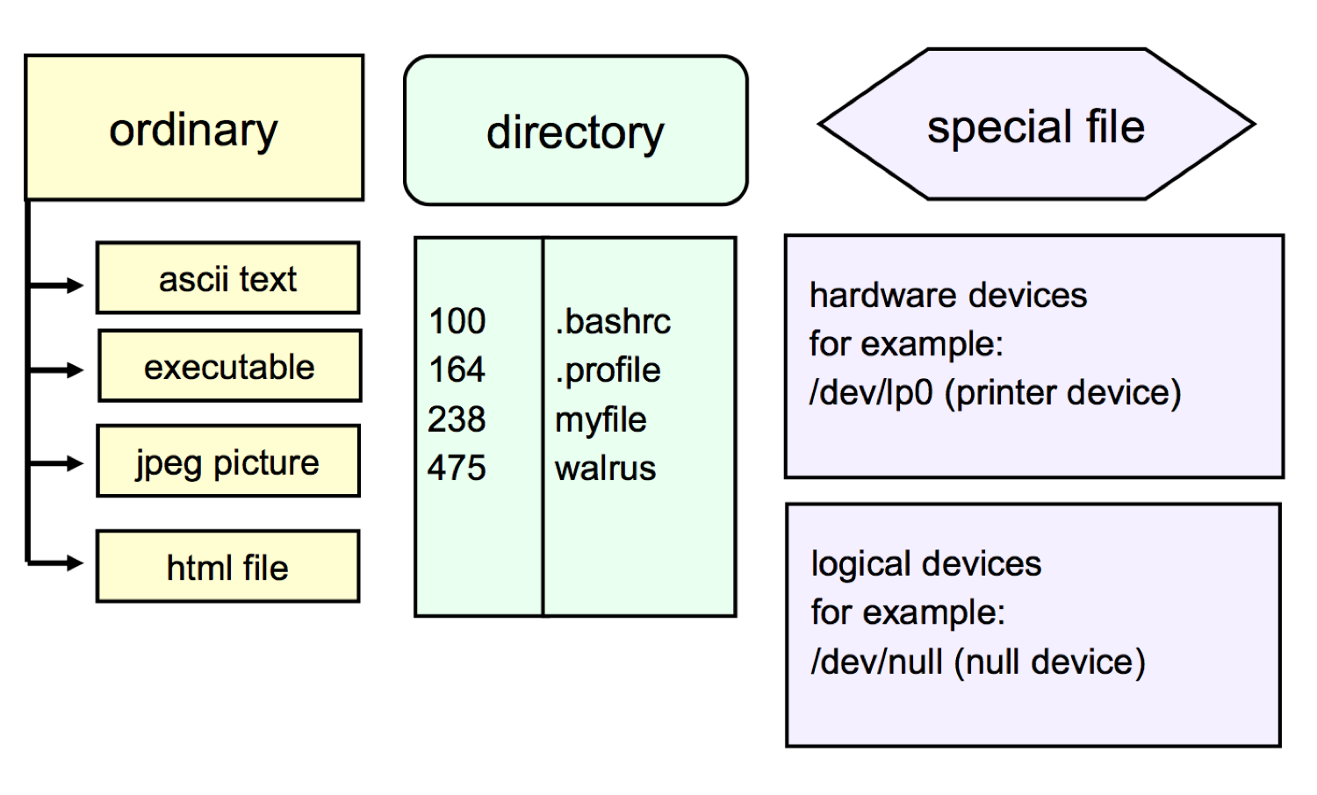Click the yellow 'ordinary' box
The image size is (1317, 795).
pos(194,128)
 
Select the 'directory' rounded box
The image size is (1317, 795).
pos(575,131)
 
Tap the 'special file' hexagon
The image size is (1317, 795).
pos(1036,125)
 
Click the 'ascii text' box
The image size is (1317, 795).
pos(227,278)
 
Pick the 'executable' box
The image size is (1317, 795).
pos(229,366)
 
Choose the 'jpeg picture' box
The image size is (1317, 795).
pos(227,462)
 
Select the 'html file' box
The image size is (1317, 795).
pos(227,567)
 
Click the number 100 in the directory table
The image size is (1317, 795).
pos(457,321)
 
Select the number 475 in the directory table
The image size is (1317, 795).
pos(457,468)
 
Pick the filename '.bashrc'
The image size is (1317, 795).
pos(613,321)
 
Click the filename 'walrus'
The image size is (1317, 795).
pos(605,469)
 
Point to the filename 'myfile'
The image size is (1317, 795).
pos(601,420)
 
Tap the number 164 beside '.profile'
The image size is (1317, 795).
pos(457,369)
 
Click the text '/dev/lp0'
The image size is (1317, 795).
pos(871,392)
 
